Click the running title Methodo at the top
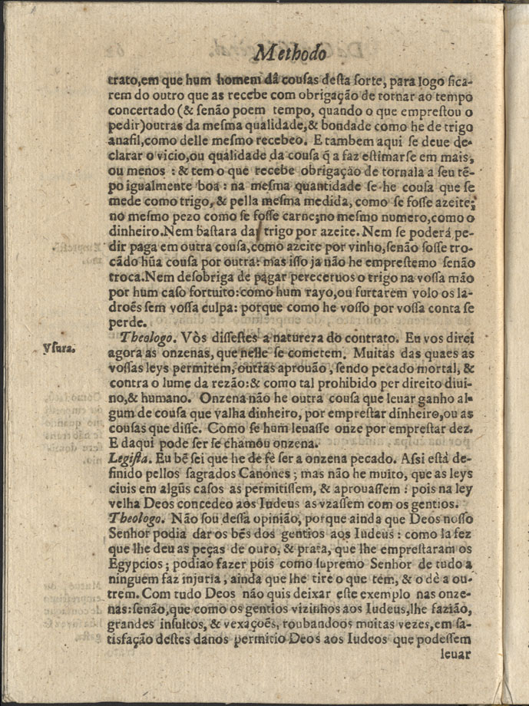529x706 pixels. pyautogui.click(x=291, y=53)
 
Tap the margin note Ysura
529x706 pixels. pyautogui.click(x=58, y=348)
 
